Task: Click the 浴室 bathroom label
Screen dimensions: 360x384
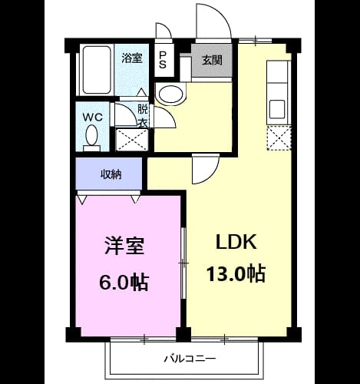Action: (x=132, y=58)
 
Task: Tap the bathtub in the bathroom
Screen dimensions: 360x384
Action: (x=97, y=70)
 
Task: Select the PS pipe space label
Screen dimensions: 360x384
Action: (x=163, y=60)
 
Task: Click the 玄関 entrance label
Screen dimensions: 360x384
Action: (x=212, y=61)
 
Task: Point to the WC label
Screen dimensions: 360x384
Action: (x=93, y=118)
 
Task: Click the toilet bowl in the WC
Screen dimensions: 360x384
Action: (x=91, y=137)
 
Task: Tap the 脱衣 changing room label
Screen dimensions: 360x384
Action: (x=143, y=116)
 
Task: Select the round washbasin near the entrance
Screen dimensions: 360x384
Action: (x=171, y=94)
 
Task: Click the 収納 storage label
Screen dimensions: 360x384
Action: (x=111, y=174)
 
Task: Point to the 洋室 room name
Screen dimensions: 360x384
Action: (x=124, y=246)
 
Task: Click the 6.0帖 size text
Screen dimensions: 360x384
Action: (x=124, y=283)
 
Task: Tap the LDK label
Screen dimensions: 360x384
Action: (x=236, y=242)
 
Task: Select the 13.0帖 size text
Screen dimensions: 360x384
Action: (x=236, y=273)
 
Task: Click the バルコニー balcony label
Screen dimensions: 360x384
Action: (x=190, y=358)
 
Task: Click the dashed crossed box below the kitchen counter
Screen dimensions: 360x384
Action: (x=279, y=137)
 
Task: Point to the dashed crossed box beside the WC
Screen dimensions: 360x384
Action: (x=132, y=140)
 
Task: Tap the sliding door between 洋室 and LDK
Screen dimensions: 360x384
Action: (x=183, y=263)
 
